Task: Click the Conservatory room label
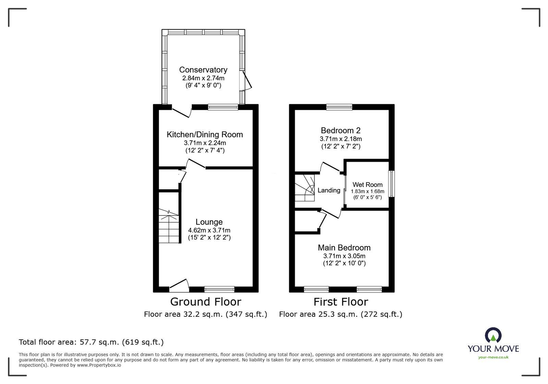(203, 70)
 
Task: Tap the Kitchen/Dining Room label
(205, 135)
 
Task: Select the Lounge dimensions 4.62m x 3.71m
(209, 230)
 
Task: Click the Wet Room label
(367, 185)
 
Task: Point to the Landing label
(329, 190)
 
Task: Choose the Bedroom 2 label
(340, 130)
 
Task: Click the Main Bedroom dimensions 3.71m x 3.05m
(344, 256)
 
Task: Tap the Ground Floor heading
(206, 302)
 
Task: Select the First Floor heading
(341, 302)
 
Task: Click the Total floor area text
(91, 342)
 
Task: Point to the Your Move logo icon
(493, 335)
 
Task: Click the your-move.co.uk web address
(493, 357)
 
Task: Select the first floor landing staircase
(305, 188)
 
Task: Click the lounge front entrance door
(179, 284)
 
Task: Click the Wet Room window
(391, 184)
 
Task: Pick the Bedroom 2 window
(339, 107)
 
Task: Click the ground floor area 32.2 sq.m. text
(205, 314)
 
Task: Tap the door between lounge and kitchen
(196, 164)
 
